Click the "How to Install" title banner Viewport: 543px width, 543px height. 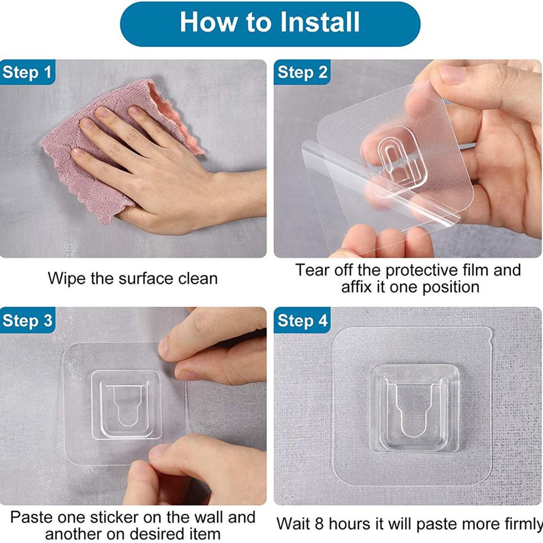(270, 23)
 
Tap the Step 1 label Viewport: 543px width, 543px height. (28, 72)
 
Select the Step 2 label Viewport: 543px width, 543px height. (302, 72)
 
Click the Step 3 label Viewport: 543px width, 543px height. (28, 320)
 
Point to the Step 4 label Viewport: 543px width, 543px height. (302, 320)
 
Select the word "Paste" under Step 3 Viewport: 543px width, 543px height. (32, 516)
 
